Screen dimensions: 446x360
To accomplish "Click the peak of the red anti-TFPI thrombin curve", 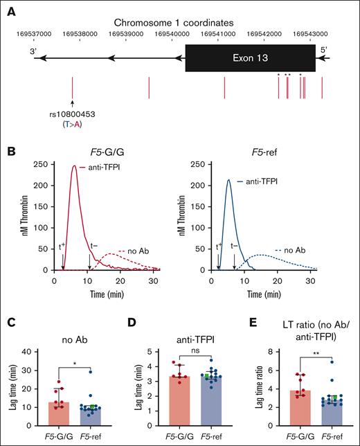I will (x=74, y=166).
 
